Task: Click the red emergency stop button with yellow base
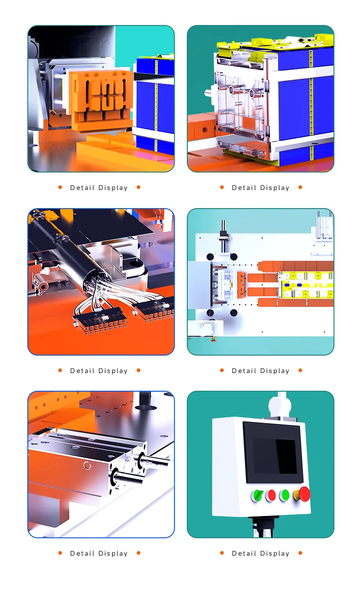(x=303, y=494)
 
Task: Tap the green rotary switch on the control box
(x=257, y=496)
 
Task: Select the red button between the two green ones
(x=271, y=496)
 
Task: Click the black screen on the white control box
(x=273, y=452)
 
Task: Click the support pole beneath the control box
(x=264, y=527)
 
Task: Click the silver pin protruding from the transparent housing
(x=208, y=92)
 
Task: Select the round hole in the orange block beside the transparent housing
(x=205, y=130)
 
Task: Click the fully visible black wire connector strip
(x=100, y=321)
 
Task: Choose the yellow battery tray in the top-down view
(x=306, y=285)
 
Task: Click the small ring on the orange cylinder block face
(x=87, y=465)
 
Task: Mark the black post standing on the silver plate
(x=145, y=400)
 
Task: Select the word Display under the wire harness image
(x=113, y=371)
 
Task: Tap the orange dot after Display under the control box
(x=300, y=553)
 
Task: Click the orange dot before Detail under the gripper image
(x=60, y=187)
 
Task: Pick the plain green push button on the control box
(x=284, y=495)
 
